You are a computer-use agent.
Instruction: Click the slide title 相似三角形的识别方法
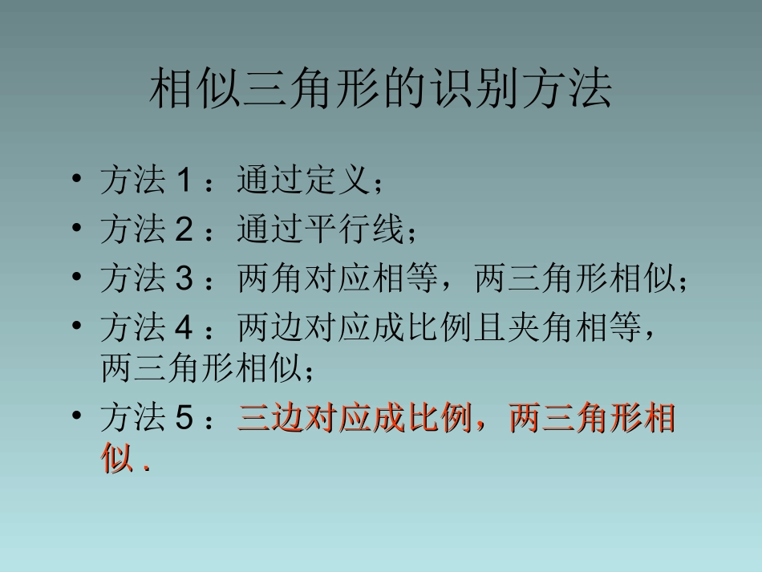click(381, 91)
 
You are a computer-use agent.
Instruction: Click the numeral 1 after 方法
click(182, 181)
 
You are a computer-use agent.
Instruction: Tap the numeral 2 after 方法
click(182, 230)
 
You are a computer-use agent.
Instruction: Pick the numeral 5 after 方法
click(182, 418)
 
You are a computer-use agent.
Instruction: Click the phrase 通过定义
click(303, 181)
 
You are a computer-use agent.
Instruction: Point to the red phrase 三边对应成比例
click(354, 419)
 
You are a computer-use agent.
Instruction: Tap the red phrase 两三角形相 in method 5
click(592, 419)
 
